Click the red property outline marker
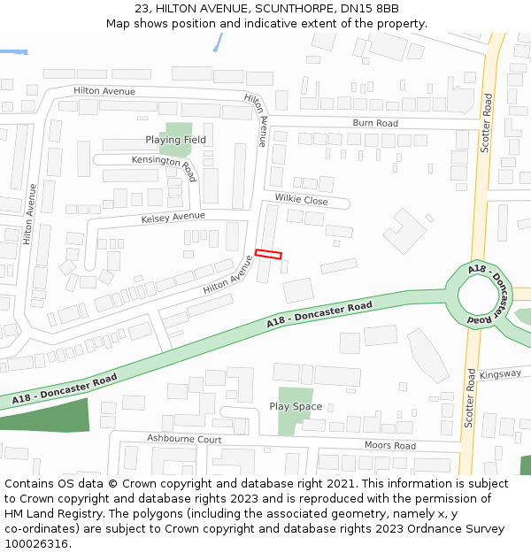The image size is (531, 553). (x=268, y=254)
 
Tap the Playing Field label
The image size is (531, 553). (x=175, y=140)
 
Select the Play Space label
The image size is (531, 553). (x=296, y=406)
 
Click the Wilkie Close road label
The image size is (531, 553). (x=301, y=201)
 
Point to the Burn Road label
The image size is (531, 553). (x=375, y=123)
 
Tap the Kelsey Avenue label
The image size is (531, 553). (x=173, y=217)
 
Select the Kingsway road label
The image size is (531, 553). (x=500, y=374)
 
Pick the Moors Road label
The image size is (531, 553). (x=389, y=445)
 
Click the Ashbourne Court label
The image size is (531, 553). (x=184, y=439)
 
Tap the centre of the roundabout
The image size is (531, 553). (x=481, y=294)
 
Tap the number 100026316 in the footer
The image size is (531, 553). (x=35, y=543)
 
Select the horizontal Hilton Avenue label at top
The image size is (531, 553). (x=104, y=91)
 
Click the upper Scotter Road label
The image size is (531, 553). (x=486, y=124)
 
